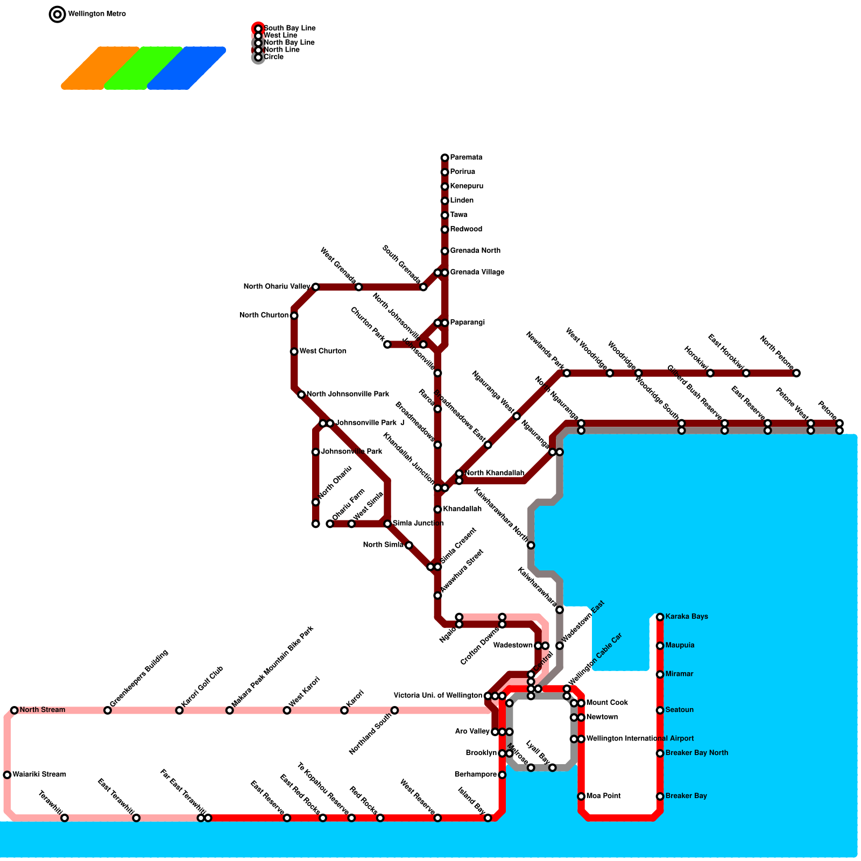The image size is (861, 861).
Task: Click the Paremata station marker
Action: pos(444,158)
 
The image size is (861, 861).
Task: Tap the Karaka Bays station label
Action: pos(686,617)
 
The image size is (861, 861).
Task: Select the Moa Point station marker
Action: pos(581,796)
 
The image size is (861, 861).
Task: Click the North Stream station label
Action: pos(42,710)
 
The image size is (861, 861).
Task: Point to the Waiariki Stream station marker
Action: pos(7,775)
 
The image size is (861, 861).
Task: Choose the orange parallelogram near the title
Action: pos(101,68)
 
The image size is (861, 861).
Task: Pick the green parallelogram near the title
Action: pos(144,68)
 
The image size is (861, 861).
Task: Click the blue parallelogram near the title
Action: pos(187,68)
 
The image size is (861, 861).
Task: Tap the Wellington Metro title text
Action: pos(97,14)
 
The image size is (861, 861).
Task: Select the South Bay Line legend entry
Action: pos(289,28)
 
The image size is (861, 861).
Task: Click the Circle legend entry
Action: pos(273,57)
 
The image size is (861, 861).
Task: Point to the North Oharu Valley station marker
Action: pos(315,287)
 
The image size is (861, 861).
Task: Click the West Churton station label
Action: pos(323,351)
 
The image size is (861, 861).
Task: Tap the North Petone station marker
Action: pos(796,373)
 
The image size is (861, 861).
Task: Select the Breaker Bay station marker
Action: pos(660,796)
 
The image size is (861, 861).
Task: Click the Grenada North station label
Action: pos(475,251)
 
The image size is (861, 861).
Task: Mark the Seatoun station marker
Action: pos(660,710)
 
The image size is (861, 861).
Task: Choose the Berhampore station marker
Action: pos(502,775)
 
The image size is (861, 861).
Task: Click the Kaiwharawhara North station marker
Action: pos(531,545)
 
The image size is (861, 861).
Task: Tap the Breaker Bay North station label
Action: pos(696,753)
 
